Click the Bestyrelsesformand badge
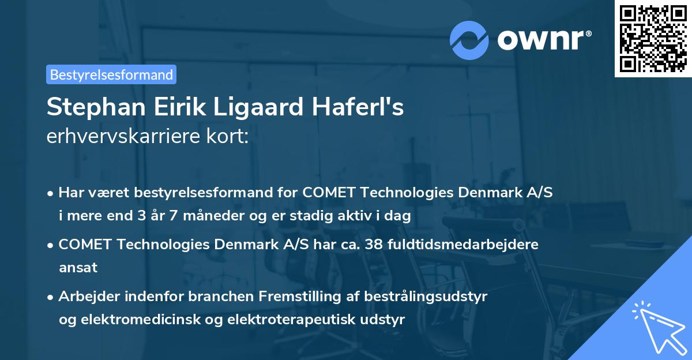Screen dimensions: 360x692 coord(111,74)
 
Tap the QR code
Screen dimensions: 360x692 coord(653,38)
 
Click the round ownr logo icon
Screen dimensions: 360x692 coord(469,39)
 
